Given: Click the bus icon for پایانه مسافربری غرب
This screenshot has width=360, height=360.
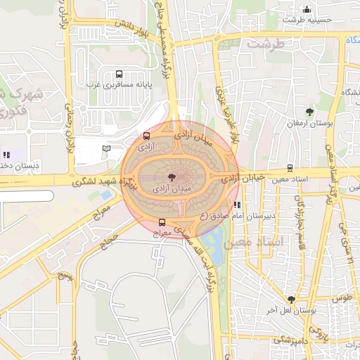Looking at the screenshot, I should pos(118,74).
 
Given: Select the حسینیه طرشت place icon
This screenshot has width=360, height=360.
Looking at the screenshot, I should pos(307,9).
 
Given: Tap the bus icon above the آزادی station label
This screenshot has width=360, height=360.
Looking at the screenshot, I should pos(146,136).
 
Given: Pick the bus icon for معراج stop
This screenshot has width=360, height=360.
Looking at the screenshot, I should pos(162,223).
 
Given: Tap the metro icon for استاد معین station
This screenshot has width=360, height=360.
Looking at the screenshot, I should pos(290,168).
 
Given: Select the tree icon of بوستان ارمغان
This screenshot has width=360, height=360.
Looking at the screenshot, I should pos(309,112).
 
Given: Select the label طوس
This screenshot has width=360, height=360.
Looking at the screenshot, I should pos(341,298).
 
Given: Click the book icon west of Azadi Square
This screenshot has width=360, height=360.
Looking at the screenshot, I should pos(106,148).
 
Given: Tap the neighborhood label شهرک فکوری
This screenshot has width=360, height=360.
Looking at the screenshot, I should pos(21,102).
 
